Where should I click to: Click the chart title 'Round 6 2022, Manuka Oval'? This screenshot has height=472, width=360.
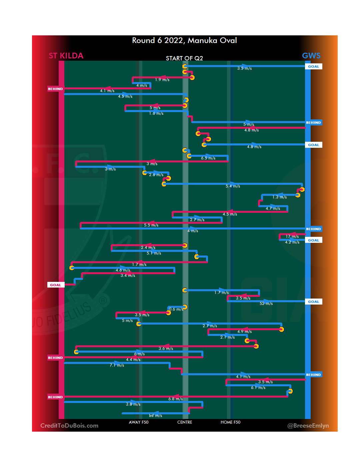[x=184, y=40]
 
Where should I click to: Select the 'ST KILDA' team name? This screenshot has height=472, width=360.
[x=66, y=56]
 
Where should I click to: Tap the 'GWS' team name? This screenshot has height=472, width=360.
[x=311, y=56]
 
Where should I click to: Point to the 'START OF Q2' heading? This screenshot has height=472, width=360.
[x=184, y=58]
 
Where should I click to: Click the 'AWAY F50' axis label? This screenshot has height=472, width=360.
[x=139, y=422]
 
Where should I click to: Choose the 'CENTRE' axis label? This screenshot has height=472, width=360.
[x=185, y=422]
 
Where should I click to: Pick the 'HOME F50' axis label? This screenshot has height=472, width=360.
[x=230, y=422]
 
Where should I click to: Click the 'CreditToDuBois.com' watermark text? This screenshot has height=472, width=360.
[x=69, y=426]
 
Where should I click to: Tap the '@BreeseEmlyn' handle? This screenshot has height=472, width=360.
[x=308, y=426]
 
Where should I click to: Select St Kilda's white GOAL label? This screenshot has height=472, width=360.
[x=56, y=285]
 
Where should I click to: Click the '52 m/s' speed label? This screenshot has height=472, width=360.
[x=266, y=304]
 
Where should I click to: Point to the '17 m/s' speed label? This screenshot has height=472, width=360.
[x=292, y=237]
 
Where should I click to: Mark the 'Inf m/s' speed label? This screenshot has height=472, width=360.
[x=155, y=416]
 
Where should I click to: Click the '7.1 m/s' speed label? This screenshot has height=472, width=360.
[x=117, y=365]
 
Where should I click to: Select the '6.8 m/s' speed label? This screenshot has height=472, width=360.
[x=175, y=399]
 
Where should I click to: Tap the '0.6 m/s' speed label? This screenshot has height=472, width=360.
[x=176, y=309]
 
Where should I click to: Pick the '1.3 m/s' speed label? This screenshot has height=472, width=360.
[x=279, y=197]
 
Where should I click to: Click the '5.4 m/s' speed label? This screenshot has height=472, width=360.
[x=233, y=186]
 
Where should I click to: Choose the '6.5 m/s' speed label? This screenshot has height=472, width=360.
[x=208, y=158]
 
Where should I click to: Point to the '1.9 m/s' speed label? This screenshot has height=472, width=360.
[x=162, y=80]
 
